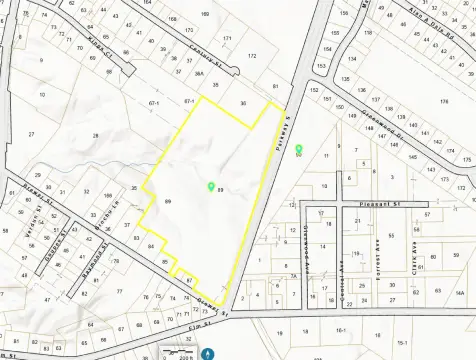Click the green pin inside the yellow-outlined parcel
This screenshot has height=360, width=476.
point(210,186)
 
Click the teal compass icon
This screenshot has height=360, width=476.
point(207,352)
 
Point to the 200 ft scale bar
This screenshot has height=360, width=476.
point(182,353)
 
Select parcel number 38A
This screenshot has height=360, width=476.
point(199,73)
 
